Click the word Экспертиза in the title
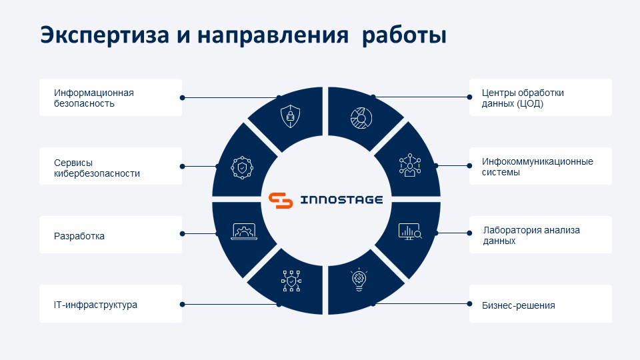pos(105,35)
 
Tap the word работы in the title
pos(404,36)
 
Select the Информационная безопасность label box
pos(111,97)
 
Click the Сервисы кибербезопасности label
pos(111,166)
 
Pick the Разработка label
pos(111,235)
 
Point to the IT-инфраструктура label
pos(111,304)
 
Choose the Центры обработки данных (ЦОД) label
pos(541,97)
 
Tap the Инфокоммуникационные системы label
pos(541,166)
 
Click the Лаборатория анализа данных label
pos(541,235)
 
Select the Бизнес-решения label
pos(541,304)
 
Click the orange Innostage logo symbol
pos(281,200)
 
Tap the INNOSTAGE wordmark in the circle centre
pos(341,200)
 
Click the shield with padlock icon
pos(290,116)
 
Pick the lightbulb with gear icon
pos(359,280)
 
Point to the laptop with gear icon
pos(244,231)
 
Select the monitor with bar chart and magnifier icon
pos(410,231)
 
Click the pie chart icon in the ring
pos(361,118)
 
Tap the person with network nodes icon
pos(410,165)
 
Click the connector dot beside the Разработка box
pos(183,234)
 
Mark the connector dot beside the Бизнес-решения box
pos(469,304)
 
